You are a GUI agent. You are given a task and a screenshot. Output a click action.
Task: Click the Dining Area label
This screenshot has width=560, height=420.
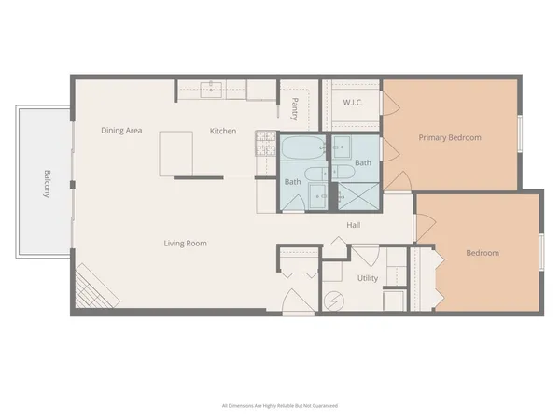click(121, 131)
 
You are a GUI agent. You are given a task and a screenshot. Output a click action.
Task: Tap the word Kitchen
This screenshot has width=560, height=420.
click(223, 131)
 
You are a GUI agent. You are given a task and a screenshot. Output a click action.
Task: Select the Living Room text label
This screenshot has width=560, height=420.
click(186, 244)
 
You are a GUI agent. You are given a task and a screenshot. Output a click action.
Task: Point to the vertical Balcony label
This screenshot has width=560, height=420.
click(45, 183)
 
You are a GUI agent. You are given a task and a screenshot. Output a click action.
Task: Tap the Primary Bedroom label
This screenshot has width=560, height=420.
click(450, 138)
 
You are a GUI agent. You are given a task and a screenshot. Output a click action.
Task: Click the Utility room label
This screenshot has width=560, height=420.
click(368, 278)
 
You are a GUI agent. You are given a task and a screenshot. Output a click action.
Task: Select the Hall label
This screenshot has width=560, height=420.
click(354, 225)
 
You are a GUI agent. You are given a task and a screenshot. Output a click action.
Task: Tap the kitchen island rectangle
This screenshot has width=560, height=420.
click(175, 153)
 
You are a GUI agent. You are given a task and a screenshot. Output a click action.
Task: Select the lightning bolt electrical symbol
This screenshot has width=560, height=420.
click(332, 302)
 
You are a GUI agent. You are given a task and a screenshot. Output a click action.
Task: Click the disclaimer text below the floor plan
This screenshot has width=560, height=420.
click(279, 406)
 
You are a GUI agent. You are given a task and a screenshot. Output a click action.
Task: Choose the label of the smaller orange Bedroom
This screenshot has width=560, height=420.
click(483, 253)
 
